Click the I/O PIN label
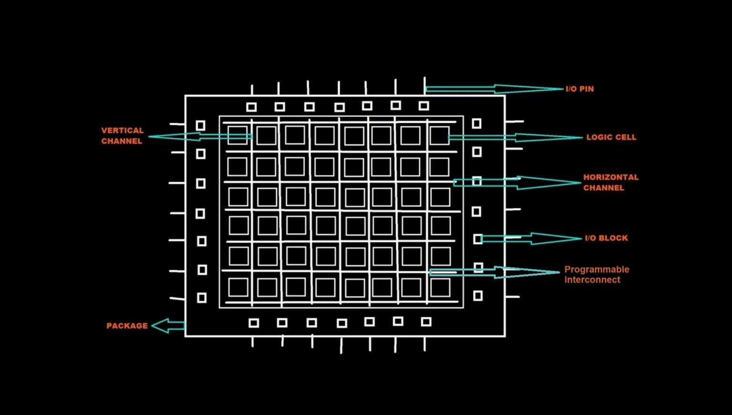coord(579,89)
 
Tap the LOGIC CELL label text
coord(611,137)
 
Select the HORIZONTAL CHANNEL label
coord(610,182)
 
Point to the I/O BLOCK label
coord(606,238)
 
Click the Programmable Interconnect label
coord(597,275)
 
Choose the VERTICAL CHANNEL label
coord(122,136)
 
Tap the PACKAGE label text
coord(127,326)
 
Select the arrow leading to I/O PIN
coord(496,89)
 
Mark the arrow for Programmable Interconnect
coord(496,272)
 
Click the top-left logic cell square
coord(237,136)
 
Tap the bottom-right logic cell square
coord(440,287)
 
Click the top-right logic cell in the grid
coord(439,135)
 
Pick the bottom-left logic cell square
coord(238,287)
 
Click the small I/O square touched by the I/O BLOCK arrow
coord(478,239)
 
